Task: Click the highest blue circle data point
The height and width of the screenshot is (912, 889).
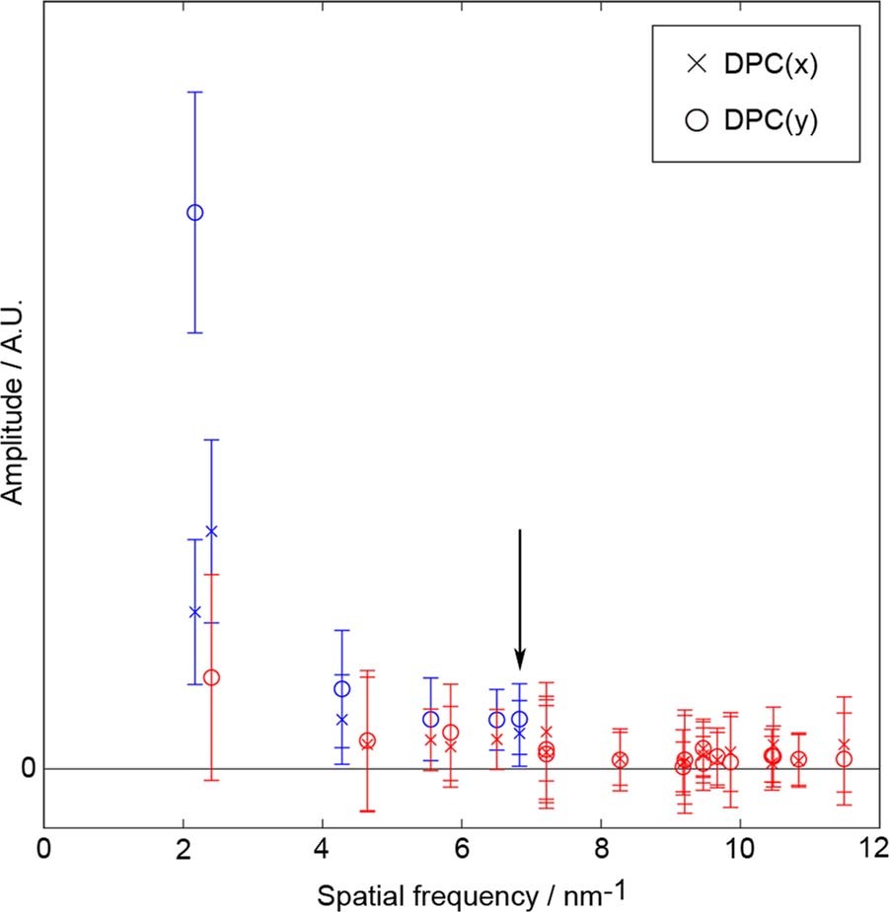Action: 195,212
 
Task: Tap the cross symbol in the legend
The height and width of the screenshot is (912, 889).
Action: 698,65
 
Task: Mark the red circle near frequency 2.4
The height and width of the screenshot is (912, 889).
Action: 211,677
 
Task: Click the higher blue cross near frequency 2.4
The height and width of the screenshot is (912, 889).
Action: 211,531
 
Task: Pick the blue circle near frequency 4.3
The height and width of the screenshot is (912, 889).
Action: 341,688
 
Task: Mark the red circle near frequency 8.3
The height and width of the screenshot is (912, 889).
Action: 620,760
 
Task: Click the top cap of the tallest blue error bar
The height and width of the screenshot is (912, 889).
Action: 195,92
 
